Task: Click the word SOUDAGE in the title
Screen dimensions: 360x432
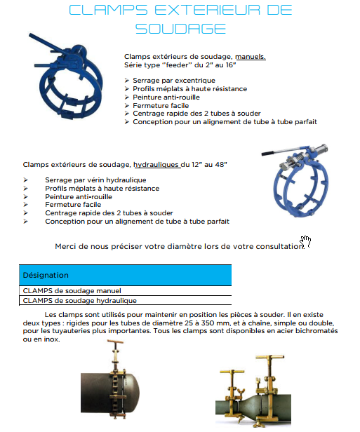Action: (x=180, y=29)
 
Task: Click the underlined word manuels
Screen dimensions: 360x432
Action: (x=251, y=57)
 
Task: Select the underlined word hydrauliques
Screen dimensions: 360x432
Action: (x=156, y=165)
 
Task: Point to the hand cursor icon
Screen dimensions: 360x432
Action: (x=305, y=241)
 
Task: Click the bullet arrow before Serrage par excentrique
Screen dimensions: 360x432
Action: (x=126, y=81)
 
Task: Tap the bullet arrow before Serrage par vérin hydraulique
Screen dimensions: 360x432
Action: (x=26, y=180)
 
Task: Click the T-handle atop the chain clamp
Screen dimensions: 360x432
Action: (x=116, y=342)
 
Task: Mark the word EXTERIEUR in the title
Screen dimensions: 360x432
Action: (x=207, y=10)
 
